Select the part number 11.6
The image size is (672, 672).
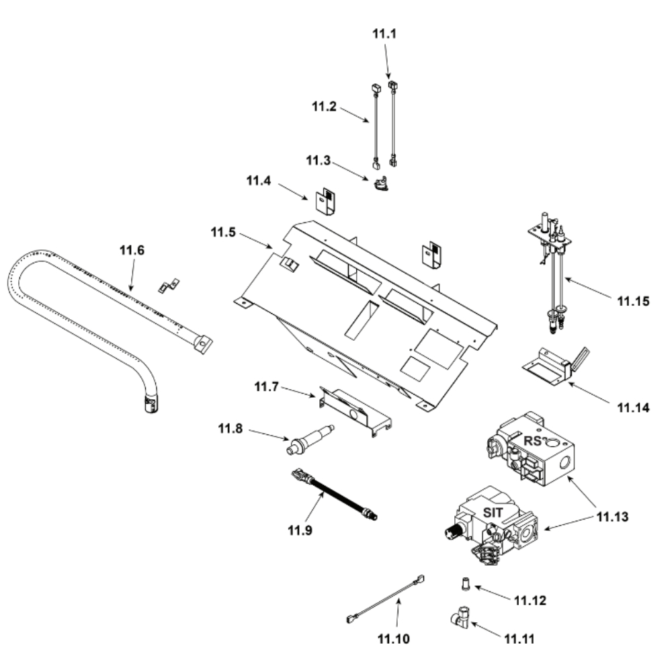click(x=132, y=251)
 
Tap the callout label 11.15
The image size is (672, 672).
click(x=634, y=302)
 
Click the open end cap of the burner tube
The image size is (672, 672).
click(x=149, y=403)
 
